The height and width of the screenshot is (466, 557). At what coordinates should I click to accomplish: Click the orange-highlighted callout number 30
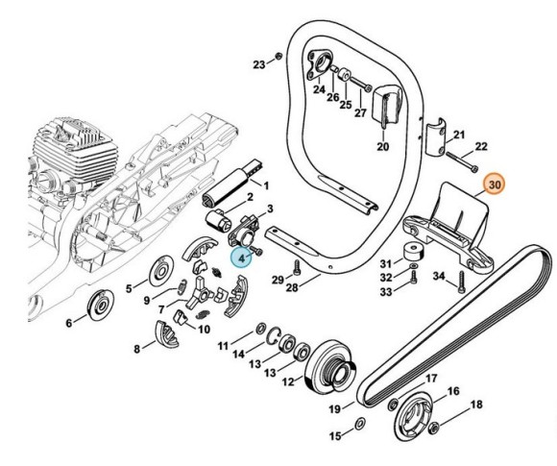(496, 183)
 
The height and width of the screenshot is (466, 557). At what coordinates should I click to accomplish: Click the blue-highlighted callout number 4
(243, 255)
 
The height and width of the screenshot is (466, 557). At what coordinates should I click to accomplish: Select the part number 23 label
(258, 65)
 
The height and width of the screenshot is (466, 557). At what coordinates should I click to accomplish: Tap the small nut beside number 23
(278, 56)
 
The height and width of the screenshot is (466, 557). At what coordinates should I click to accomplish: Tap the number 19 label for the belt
(335, 408)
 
